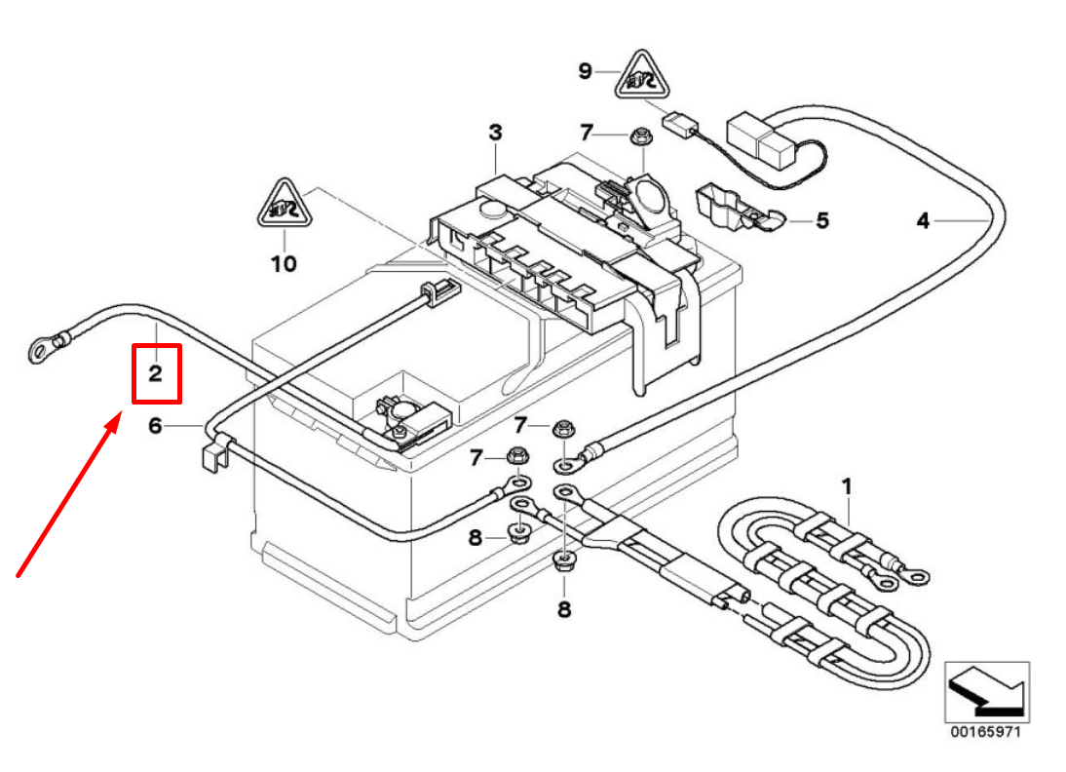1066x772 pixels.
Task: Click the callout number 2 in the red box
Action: (x=156, y=373)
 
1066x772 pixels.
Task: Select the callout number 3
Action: (x=496, y=132)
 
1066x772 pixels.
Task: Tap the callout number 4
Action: (x=923, y=220)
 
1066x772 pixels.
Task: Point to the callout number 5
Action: (x=822, y=220)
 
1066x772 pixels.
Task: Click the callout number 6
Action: (x=156, y=426)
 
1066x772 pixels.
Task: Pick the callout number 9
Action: (x=586, y=71)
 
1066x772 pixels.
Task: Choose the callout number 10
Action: (x=285, y=263)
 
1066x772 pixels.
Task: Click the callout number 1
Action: (x=847, y=487)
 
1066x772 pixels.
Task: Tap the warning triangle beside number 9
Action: (x=642, y=75)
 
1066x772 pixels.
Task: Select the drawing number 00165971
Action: (x=986, y=732)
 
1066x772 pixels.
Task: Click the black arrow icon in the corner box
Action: (x=986, y=691)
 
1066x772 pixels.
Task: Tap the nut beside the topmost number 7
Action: (x=639, y=136)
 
